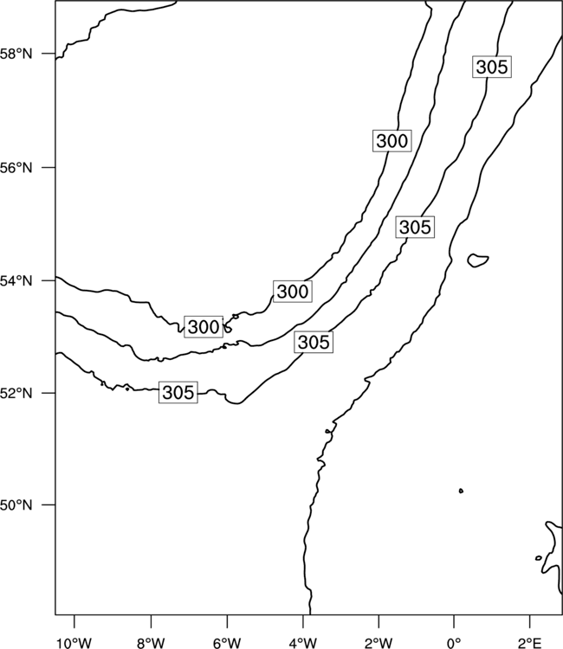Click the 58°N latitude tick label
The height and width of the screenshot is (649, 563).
(16, 54)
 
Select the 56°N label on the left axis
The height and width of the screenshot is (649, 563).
(16, 168)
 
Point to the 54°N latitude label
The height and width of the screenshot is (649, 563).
(16, 281)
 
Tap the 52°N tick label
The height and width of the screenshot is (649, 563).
(16, 393)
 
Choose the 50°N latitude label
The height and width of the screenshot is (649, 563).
(16, 505)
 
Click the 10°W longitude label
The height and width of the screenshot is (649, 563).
(74, 643)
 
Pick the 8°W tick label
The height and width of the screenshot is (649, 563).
(151, 643)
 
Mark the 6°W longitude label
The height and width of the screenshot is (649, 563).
(227, 643)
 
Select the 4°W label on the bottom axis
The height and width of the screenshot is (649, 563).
(303, 643)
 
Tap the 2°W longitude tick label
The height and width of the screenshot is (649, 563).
(379, 643)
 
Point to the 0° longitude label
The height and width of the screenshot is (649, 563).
(454, 643)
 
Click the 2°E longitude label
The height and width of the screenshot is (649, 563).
(529, 643)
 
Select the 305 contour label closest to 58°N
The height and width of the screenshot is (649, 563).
(492, 67)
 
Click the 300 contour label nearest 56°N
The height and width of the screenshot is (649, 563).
(392, 141)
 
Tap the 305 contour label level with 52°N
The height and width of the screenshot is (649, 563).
(178, 392)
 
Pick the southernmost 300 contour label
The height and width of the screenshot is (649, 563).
(204, 326)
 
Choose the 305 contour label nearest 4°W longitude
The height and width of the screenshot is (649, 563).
(314, 342)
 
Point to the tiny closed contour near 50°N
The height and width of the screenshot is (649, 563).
(461, 491)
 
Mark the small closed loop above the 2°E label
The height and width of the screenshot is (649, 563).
(539, 558)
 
